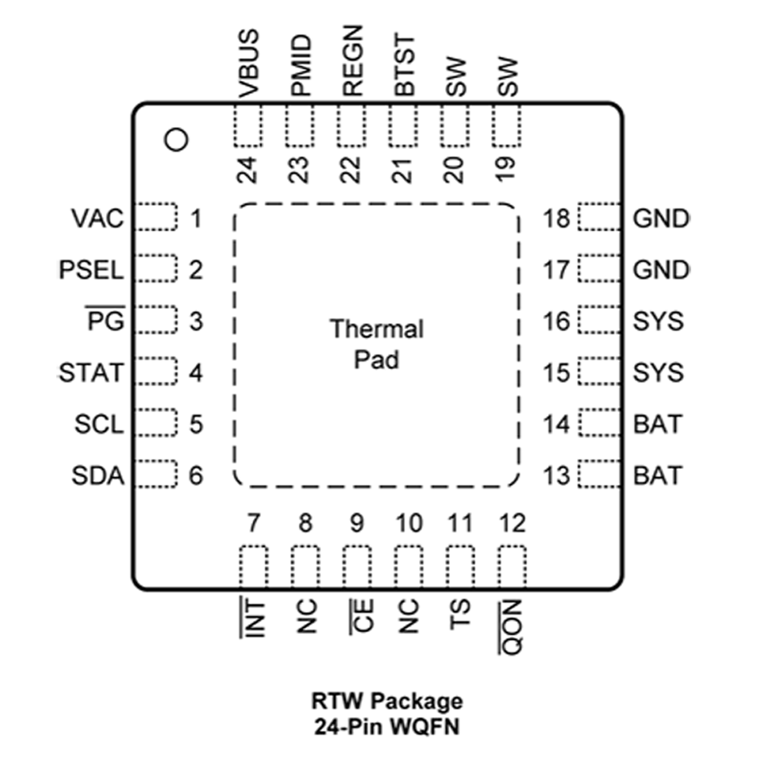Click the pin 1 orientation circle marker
(176, 140)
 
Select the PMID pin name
(301, 65)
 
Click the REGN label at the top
(352, 61)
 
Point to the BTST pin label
(404, 65)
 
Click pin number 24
(248, 170)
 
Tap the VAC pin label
(98, 219)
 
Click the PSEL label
(91, 270)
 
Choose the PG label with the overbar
(106, 321)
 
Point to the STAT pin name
(91, 373)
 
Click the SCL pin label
(99, 424)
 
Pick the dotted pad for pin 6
(156, 474)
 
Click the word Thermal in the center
(377, 329)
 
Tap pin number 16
(556, 321)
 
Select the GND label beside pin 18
(661, 219)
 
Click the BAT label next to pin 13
(657, 476)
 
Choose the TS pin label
(460, 614)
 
